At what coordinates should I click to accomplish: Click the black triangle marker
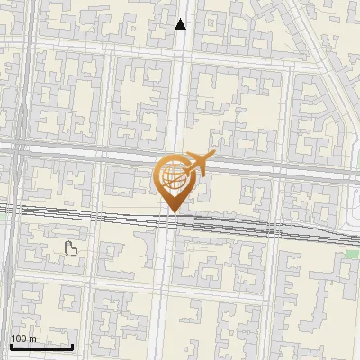pyautogui.click(x=181, y=24)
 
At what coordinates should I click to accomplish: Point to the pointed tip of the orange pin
pyautogui.click(x=171, y=212)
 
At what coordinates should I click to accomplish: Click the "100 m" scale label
pyautogui.click(x=23, y=338)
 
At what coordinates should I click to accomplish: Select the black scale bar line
pyautogui.click(x=41, y=346)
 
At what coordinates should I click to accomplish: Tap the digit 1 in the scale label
pyautogui.click(x=13, y=338)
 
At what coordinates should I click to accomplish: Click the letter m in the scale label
pyautogui.click(x=32, y=338)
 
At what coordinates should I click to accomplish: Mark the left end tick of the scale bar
pyautogui.click(x=11, y=345)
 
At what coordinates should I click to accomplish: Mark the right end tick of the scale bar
pyautogui.click(x=73, y=345)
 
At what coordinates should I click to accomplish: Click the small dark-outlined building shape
pyautogui.click(x=71, y=249)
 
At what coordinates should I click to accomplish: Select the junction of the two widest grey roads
pyautogui.click(x=20, y=148)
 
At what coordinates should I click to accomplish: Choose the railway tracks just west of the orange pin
pyautogui.click(x=108, y=214)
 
